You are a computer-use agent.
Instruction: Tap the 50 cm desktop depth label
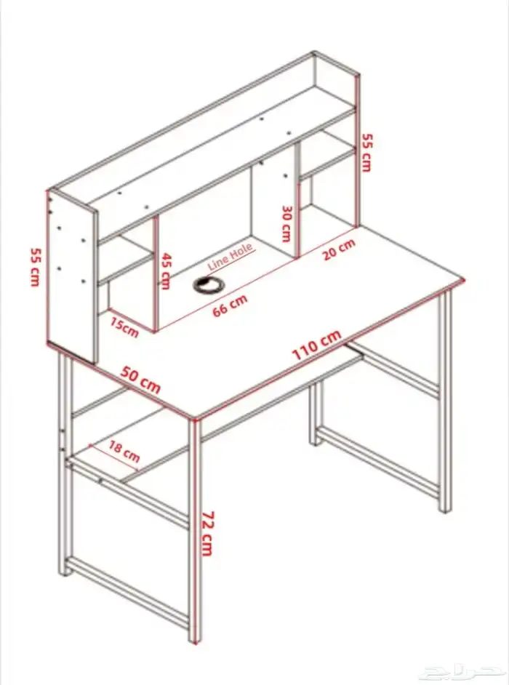140,380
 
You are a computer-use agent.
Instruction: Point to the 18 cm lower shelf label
124,452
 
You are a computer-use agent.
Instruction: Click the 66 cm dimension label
230,305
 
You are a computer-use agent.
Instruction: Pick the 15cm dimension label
124,328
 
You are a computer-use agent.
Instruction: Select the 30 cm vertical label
286,224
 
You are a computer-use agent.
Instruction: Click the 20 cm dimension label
339,250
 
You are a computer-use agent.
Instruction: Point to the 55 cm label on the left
35,267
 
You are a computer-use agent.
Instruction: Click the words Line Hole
231,257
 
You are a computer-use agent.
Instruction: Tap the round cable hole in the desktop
209,284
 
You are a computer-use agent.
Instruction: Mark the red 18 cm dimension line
114,458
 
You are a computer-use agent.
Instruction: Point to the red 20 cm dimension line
326,243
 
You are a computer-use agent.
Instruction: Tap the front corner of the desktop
193,419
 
